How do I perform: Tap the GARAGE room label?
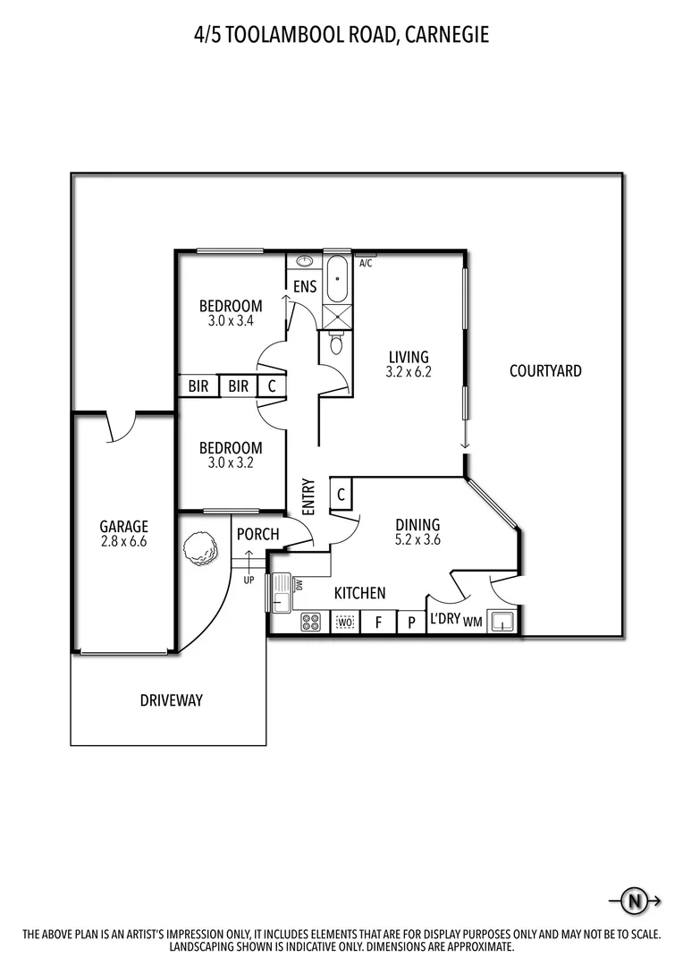click(123, 527)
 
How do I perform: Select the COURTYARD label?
click(545, 370)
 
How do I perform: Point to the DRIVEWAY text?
click(171, 700)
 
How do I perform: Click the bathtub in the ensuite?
click(337, 279)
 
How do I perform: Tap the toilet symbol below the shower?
click(337, 343)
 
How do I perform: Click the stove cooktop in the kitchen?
click(311, 622)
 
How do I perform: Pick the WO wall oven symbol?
click(345, 622)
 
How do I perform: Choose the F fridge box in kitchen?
click(378, 622)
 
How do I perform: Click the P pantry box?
click(411, 622)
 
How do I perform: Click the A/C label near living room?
click(365, 263)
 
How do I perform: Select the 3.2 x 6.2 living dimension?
click(409, 372)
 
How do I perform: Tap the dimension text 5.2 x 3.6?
click(418, 539)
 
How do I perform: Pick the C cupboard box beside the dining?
click(341, 494)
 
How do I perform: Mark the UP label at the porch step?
click(249, 580)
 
